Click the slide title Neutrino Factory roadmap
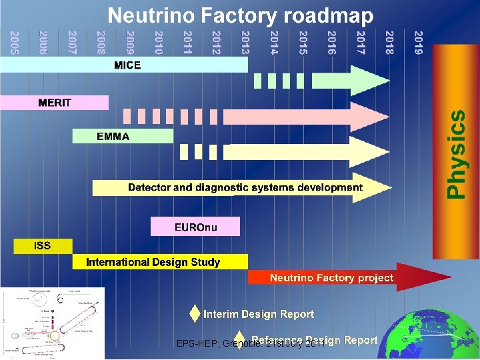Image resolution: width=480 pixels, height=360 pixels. tap(241, 15)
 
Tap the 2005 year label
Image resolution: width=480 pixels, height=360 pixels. tap(15, 42)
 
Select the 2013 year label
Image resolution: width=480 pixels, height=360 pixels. tap(245, 42)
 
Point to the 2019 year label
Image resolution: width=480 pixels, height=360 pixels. tap(418, 42)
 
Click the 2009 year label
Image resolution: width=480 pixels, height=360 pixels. tap(130, 42)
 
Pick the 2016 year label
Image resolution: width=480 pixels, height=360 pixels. tap(331, 42)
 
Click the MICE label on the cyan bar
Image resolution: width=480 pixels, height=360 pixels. tap(127, 65)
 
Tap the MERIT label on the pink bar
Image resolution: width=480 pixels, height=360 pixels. tap(55, 103)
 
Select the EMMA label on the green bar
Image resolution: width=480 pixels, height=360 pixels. tap(113, 136)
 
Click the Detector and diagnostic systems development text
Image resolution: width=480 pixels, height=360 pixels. tap(245, 187)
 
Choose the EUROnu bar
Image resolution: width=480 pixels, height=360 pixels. tap(195, 227)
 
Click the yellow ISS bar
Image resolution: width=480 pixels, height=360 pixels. tap(43, 245)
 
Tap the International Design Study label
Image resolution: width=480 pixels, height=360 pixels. tap(153, 262)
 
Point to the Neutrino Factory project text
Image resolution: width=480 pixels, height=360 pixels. tap(331, 277)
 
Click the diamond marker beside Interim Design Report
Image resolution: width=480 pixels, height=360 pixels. tap(194, 313)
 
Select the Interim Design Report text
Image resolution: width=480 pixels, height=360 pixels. tap(259, 314)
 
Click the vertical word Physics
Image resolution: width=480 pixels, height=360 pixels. tap(456, 153)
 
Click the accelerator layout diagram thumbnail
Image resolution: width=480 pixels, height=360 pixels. tap(53, 323)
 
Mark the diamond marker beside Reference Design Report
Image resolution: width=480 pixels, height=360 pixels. tap(240, 340)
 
